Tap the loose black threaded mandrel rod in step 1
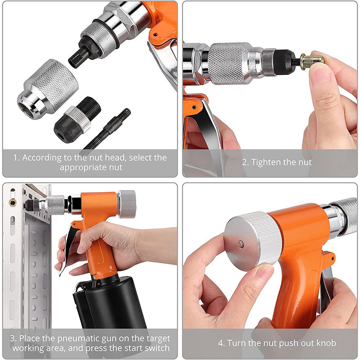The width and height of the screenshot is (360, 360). pos(108,130)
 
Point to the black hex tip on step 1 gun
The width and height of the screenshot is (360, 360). pos(79,56)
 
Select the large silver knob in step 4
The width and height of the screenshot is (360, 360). pos(252,241)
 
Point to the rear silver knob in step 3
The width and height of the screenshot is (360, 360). pos(127,204)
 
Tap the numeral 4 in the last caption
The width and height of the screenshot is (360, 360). pos(220,343)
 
